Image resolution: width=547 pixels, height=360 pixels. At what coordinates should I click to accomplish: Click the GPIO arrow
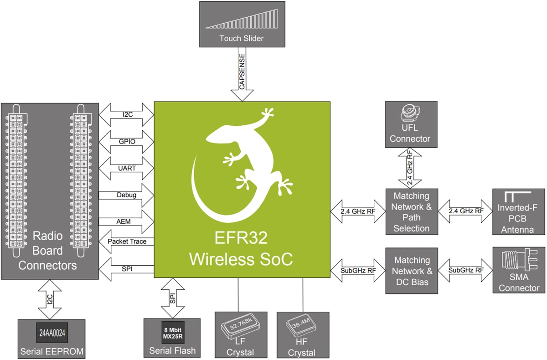point(126,141)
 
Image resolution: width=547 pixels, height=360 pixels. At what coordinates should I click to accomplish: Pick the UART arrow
point(126,168)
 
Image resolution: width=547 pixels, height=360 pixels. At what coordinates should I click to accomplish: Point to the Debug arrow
point(126,195)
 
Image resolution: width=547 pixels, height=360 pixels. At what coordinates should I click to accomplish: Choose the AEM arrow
point(126,221)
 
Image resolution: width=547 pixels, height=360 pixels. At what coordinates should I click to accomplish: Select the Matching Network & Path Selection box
point(411,212)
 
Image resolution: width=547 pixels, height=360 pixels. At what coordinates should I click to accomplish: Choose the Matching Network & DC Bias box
point(412,271)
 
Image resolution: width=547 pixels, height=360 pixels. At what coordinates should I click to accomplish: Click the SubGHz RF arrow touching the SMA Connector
point(466,270)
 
